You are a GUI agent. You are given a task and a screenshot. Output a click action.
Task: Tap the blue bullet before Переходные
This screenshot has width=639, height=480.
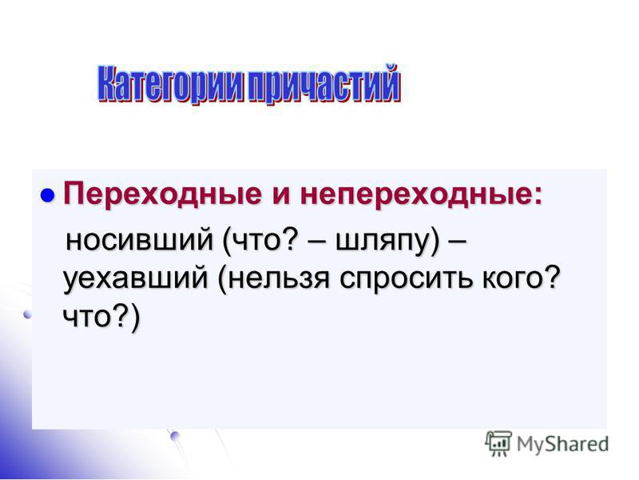click(48, 195)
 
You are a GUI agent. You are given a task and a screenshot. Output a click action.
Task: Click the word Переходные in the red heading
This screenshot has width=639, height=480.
click(162, 194)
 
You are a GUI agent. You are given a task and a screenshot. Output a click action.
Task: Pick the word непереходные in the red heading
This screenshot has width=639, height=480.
click(415, 194)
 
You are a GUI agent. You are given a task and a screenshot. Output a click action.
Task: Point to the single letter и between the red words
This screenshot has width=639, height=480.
click(281, 195)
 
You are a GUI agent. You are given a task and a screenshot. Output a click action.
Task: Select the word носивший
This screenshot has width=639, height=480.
click(139, 239)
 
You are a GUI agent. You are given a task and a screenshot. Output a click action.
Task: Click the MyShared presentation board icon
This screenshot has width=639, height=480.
click(498, 444)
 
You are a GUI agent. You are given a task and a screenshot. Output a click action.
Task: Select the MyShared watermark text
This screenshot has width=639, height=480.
click(562, 444)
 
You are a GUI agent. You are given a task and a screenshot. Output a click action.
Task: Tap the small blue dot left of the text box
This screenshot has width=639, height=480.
click(27, 314)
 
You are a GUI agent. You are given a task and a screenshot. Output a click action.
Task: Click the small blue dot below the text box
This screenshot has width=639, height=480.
click(175, 436)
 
